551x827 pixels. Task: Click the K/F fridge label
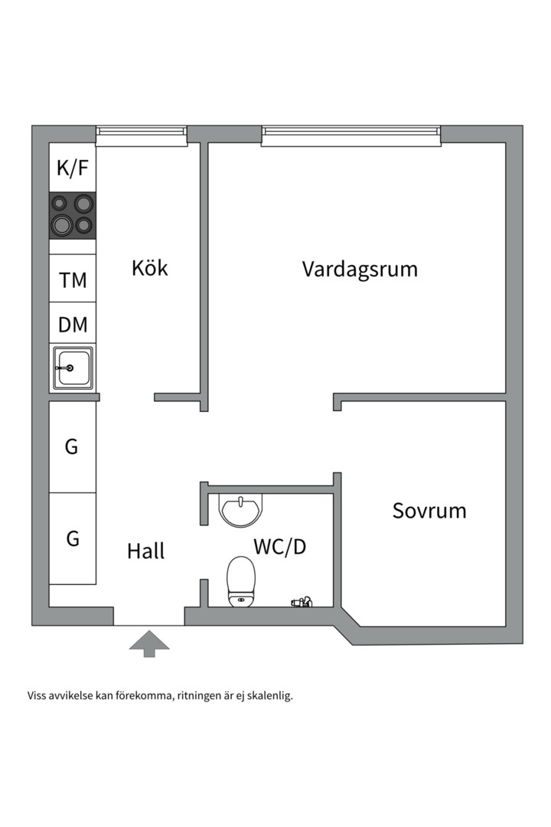pos(73,168)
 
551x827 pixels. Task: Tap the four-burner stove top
pos(73,214)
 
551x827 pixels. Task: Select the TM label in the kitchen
pos(73,280)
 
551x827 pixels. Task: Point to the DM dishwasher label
pos(73,325)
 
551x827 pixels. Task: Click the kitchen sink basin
pos(73,368)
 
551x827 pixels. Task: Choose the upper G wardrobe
pos(72,446)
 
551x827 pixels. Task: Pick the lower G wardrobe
pos(72,538)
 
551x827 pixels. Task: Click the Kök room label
pos(149,269)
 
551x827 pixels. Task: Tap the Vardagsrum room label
pos(360,270)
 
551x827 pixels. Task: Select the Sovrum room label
pos(429,511)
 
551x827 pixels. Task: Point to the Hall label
pos(145,551)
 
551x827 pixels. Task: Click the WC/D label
pos(280,547)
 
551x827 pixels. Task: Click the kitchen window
pos(142,136)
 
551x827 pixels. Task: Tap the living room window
pos(351,136)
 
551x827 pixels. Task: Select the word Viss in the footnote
pos(37,697)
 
